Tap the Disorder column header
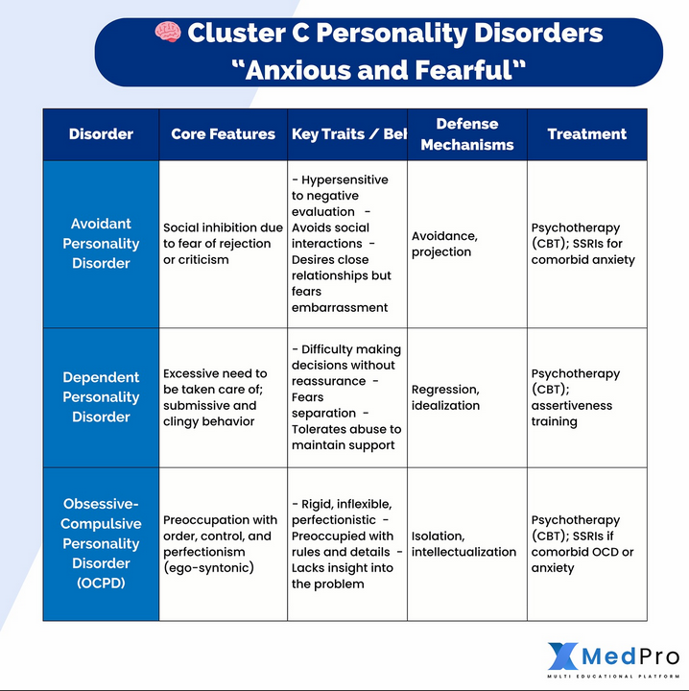pyautogui.click(x=101, y=134)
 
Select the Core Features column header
pyautogui.click(x=223, y=134)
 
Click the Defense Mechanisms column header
pyautogui.click(x=466, y=134)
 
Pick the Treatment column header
pyautogui.click(x=586, y=134)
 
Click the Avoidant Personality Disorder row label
pyautogui.click(x=101, y=244)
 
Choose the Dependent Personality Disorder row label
pyautogui.click(x=101, y=397)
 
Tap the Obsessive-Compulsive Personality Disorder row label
pyautogui.click(x=101, y=543)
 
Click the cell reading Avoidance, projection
pyautogui.click(x=444, y=244)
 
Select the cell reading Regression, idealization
pyautogui.click(x=445, y=397)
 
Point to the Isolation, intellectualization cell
pyautogui.click(x=463, y=544)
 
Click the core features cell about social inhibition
pyautogui.click(x=223, y=244)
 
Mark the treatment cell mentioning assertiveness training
pyautogui.click(x=576, y=397)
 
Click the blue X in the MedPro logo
pyautogui.click(x=563, y=656)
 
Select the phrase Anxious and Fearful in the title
pyautogui.click(x=379, y=69)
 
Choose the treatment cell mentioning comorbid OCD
pyautogui.click(x=582, y=544)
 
